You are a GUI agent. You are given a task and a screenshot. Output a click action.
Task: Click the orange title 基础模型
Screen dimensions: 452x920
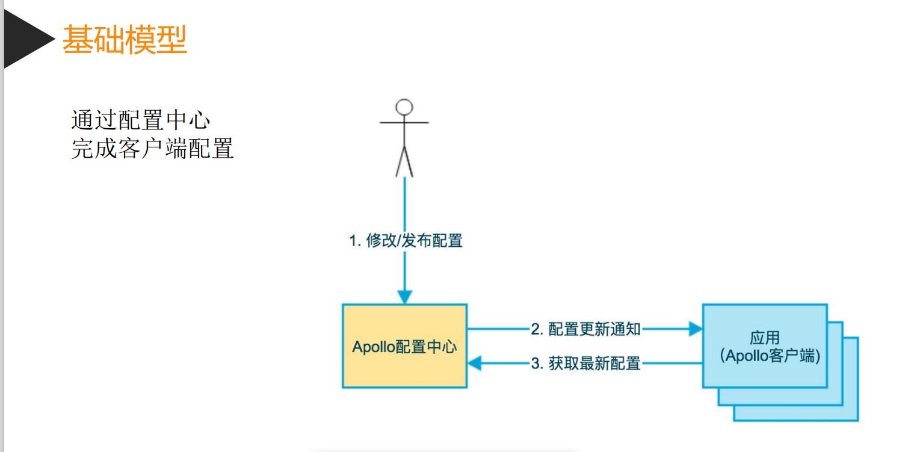point(125,40)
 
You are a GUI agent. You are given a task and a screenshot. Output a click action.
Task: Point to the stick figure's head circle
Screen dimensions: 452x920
point(404,107)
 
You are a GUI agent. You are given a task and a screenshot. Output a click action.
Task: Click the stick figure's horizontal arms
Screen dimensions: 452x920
point(404,123)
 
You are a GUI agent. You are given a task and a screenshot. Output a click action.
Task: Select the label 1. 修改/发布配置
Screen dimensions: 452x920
point(406,241)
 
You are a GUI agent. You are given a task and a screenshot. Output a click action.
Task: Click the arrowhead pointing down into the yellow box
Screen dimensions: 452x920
point(405,297)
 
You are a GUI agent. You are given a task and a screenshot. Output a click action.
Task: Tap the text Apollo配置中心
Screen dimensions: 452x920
point(404,347)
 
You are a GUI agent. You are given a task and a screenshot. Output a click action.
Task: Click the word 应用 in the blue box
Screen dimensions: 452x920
point(765,338)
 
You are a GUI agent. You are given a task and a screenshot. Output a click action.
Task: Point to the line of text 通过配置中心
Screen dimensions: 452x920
point(141,120)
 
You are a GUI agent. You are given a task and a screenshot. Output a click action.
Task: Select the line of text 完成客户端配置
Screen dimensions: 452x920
point(152,149)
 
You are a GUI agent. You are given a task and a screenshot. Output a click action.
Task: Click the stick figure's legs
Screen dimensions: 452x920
point(404,161)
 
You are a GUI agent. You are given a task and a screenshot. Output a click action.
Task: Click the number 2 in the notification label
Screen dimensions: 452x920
point(535,329)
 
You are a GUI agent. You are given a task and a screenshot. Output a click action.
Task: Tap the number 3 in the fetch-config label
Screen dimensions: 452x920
point(535,364)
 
